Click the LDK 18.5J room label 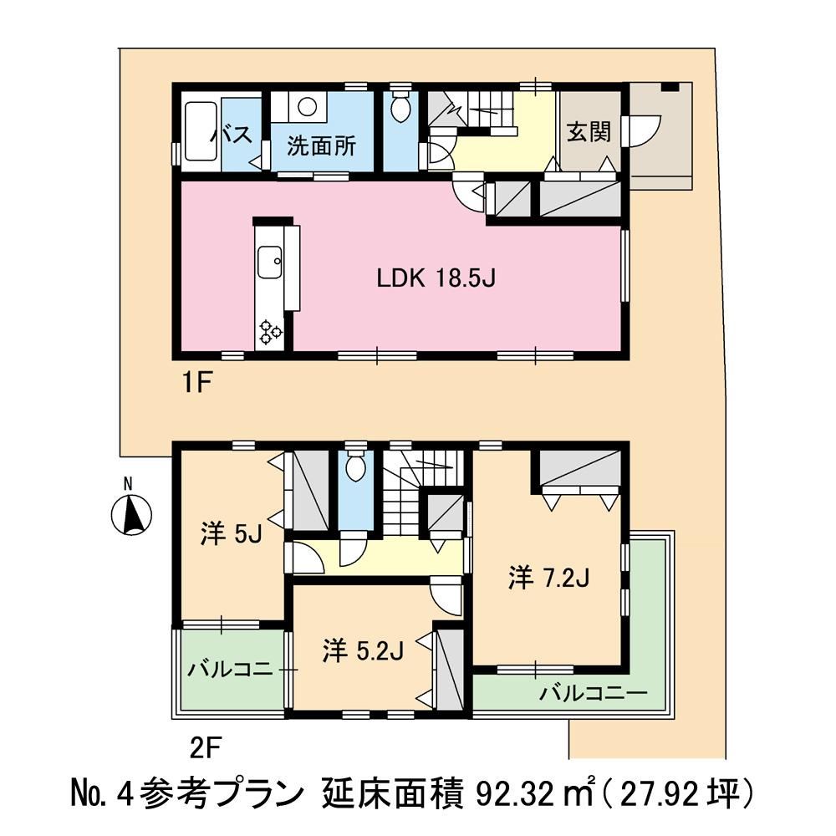pyautogui.click(x=436, y=278)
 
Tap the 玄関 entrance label pyautogui.click(x=589, y=132)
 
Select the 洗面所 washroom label pyautogui.click(x=322, y=145)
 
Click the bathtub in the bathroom pyautogui.click(x=201, y=130)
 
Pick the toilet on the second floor pyautogui.click(x=355, y=466)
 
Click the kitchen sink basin pyautogui.click(x=270, y=262)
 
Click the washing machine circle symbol pyautogui.click(x=307, y=106)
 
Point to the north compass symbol pyautogui.click(x=131, y=514)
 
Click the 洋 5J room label pyautogui.click(x=231, y=533)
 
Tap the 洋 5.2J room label pyautogui.click(x=363, y=651)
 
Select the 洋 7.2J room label pyautogui.click(x=548, y=579)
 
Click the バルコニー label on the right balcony pyautogui.click(x=593, y=694)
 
